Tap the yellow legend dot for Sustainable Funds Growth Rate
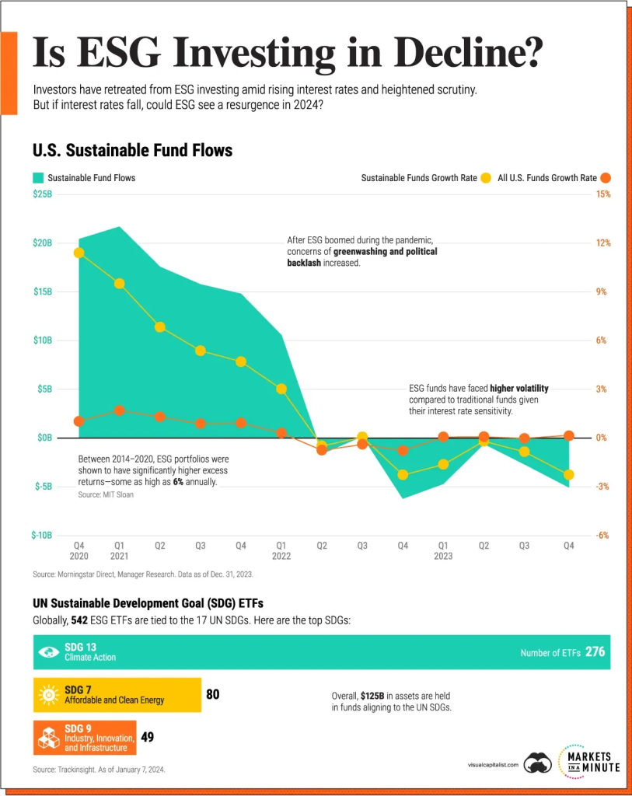[x=486, y=178]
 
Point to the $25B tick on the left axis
[x=42, y=194]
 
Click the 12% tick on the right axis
[x=603, y=243]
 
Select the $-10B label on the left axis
[x=42, y=536]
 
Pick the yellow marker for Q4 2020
[x=79, y=253]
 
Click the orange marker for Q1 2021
[x=119, y=410]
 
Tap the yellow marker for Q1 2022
[x=281, y=389]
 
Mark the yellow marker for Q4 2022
[x=403, y=474]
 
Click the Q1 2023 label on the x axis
[x=442, y=551]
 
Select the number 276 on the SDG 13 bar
[x=595, y=652]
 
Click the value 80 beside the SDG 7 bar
[x=212, y=694]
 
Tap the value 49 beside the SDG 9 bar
[x=147, y=736]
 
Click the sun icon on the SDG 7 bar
[x=48, y=694]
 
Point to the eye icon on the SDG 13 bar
[x=48, y=652]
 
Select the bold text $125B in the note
[x=373, y=695]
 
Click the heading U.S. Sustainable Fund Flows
[x=132, y=150]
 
